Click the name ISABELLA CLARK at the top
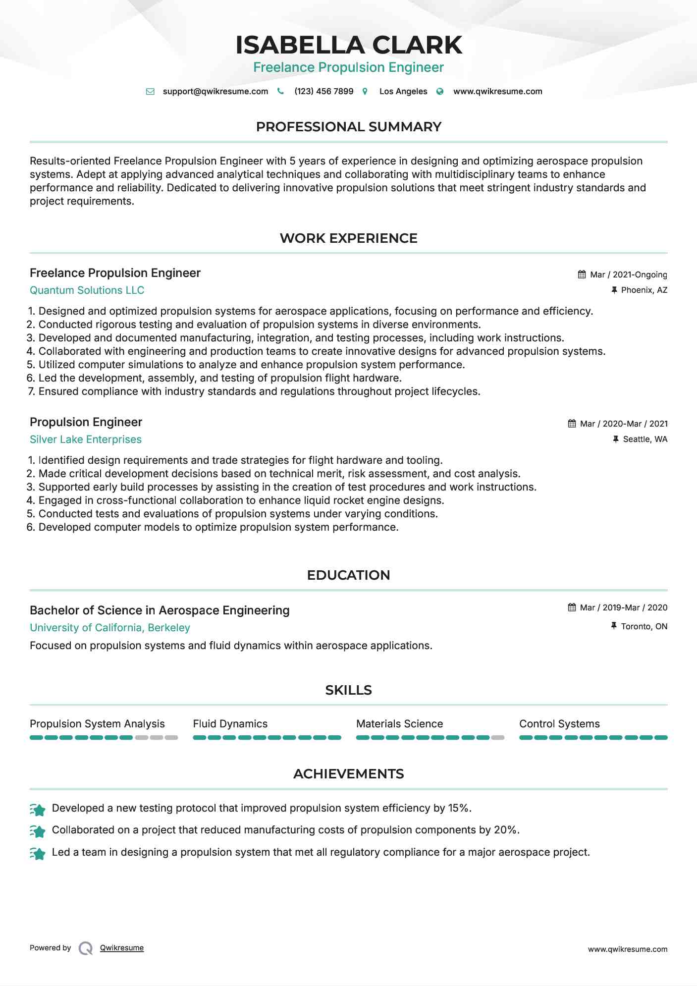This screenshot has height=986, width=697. pyautogui.click(x=348, y=45)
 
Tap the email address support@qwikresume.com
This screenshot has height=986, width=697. pyautogui.click(x=215, y=91)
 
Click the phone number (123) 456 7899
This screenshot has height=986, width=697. pyautogui.click(x=323, y=91)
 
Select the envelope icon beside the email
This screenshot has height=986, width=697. pyautogui.click(x=150, y=92)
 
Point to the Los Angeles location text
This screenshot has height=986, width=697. pyautogui.click(x=403, y=91)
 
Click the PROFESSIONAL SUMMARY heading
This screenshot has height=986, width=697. pyautogui.click(x=348, y=127)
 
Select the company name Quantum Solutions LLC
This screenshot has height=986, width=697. pyautogui.click(x=87, y=290)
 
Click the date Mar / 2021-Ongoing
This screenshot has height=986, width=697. pyautogui.click(x=628, y=274)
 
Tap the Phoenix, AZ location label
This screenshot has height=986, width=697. pyautogui.click(x=643, y=290)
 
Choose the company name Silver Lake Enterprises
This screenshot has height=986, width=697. pyautogui.click(x=85, y=439)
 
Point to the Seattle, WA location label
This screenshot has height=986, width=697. pyautogui.click(x=644, y=439)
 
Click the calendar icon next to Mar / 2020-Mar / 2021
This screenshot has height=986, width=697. pyautogui.click(x=572, y=424)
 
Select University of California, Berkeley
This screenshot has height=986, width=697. pyautogui.click(x=109, y=628)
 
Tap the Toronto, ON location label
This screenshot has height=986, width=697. pyautogui.click(x=643, y=626)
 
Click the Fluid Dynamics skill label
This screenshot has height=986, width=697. pyautogui.click(x=230, y=724)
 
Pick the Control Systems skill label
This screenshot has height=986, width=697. pyautogui.click(x=559, y=724)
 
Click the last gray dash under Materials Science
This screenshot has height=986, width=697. pyautogui.click(x=497, y=738)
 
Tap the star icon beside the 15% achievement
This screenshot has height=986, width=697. pyautogui.click(x=38, y=810)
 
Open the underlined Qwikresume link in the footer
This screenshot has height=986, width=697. pyautogui.click(x=121, y=948)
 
